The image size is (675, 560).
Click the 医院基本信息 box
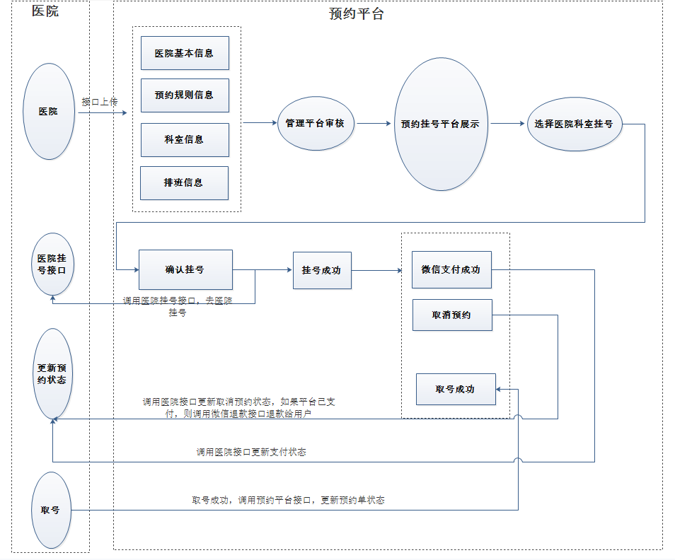tap(185, 53)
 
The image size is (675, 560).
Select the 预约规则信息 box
tap(185, 95)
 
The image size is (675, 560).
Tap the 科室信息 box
tap(185, 140)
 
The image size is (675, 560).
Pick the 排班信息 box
tap(184, 183)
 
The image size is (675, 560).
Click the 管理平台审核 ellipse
tap(315, 123)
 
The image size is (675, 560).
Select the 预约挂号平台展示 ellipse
tap(440, 124)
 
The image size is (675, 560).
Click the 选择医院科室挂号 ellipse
tap(574, 124)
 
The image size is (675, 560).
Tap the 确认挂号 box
tap(185, 269)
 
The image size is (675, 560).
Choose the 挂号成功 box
tap(322, 269)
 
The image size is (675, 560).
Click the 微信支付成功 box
tap(451, 269)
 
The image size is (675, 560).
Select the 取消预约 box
tap(451, 315)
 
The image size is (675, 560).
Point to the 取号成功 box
tap(456, 389)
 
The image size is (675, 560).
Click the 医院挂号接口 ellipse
tap(52, 264)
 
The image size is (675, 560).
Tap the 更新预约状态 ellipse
tap(52, 373)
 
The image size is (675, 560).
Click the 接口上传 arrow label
tap(100, 102)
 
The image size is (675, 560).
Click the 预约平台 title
tap(357, 14)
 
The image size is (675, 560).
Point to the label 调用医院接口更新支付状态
tap(251, 452)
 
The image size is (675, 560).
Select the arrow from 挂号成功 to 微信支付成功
tap(381, 269)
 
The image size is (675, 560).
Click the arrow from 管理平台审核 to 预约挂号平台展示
tap(374, 123)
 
